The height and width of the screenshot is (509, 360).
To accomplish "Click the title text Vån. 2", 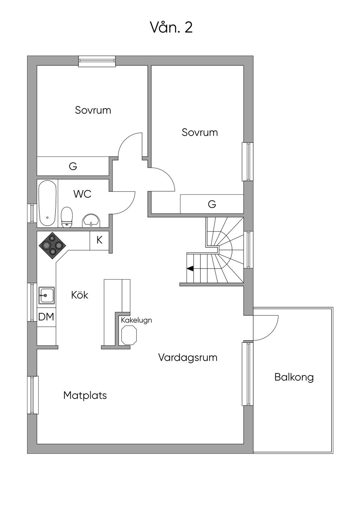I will [172, 27].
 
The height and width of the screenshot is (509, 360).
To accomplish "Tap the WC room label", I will [82, 194].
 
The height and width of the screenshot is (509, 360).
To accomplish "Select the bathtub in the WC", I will [47, 204].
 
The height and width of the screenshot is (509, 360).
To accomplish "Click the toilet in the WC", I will [67, 217].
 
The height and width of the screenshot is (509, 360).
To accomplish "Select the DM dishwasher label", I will [46, 317].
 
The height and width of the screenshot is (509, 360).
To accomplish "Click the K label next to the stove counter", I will [99, 240].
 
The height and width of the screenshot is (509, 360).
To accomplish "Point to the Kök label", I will [80, 295].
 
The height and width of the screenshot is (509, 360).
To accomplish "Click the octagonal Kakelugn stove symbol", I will [129, 335].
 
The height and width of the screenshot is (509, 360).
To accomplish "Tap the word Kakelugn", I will [136, 320].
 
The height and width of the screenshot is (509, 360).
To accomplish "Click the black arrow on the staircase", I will [190, 269].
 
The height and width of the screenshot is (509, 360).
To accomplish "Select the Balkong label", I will [294, 378].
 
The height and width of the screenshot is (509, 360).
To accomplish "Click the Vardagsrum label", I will [188, 357].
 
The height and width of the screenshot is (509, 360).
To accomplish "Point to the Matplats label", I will [85, 395].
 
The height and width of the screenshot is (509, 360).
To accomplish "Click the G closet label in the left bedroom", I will [73, 166].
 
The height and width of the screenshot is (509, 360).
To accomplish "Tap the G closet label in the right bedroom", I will [212, 204].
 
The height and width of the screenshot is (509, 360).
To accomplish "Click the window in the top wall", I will [97, 61].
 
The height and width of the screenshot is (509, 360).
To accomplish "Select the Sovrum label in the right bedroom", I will [200, 133].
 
